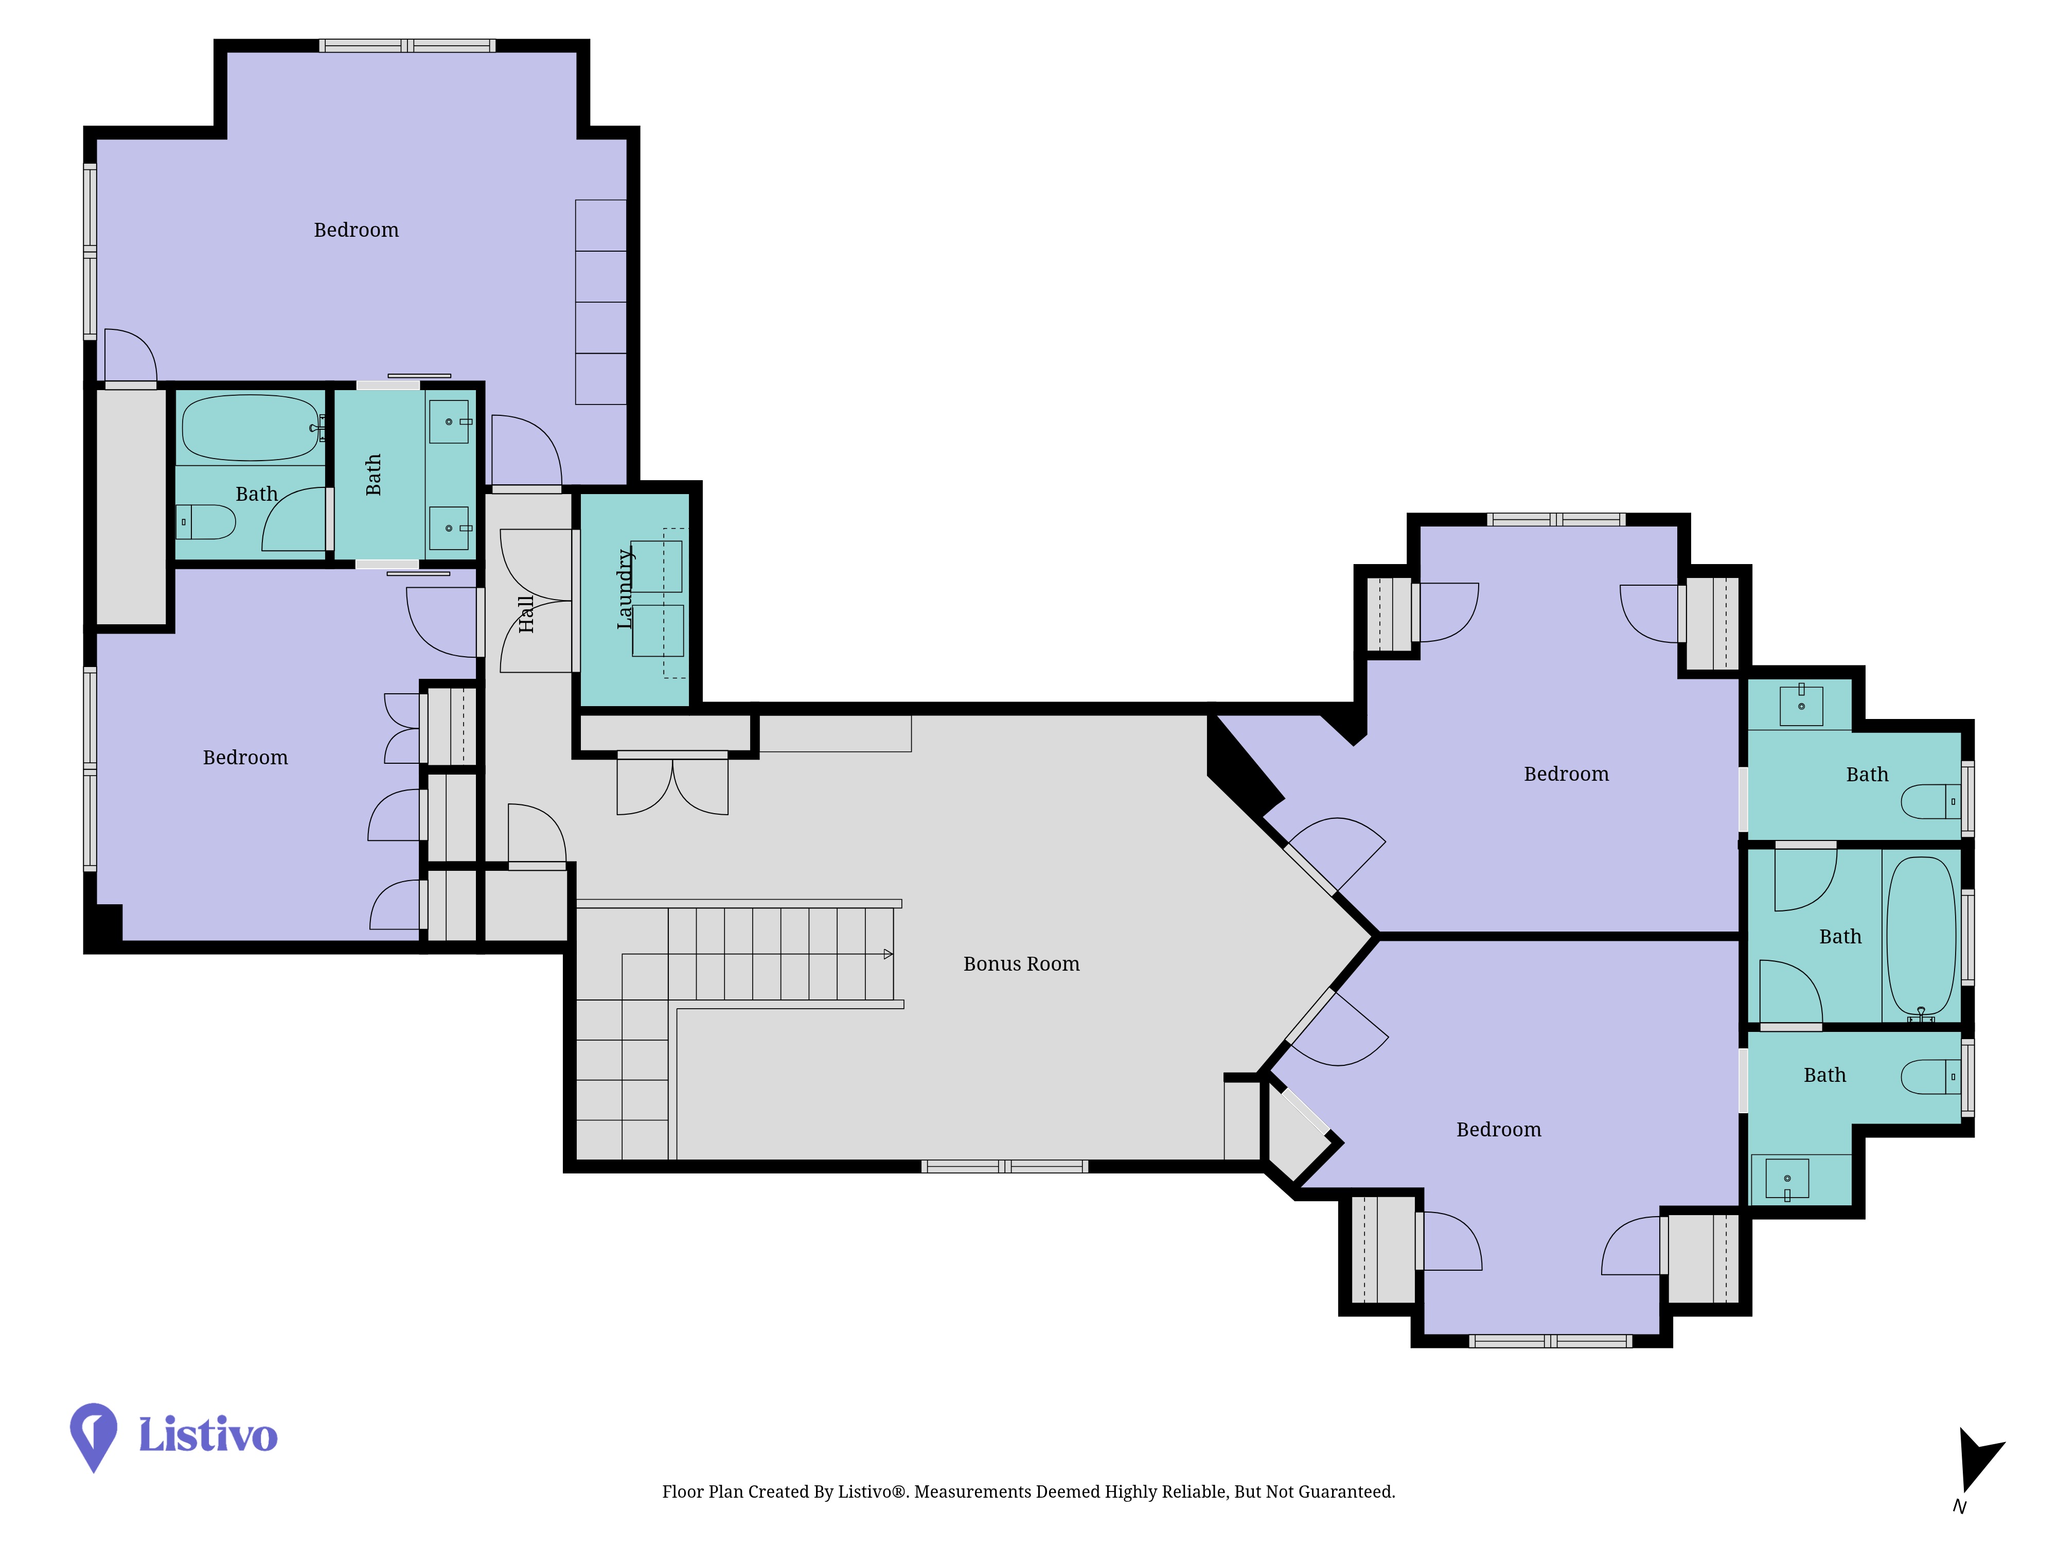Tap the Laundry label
pyautogui.click(x=625, y=589)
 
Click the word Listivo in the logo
pyautogui.click(x=207, y=1434)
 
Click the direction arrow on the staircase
pyautogui.click(x=888, y=954)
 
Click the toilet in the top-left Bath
pyautogui.click(x=206, y=522)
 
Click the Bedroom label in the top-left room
pyautogui.click(x=357, y=230)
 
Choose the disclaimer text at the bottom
pyautogui.click(x=1028, y=1492)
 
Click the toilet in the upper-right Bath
pyautogui.click(x=1930, y=801)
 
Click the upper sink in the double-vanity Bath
pyautogui.click(x=449, y=422)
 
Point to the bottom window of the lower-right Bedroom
pyautogui.click(x=1550, y=1341)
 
